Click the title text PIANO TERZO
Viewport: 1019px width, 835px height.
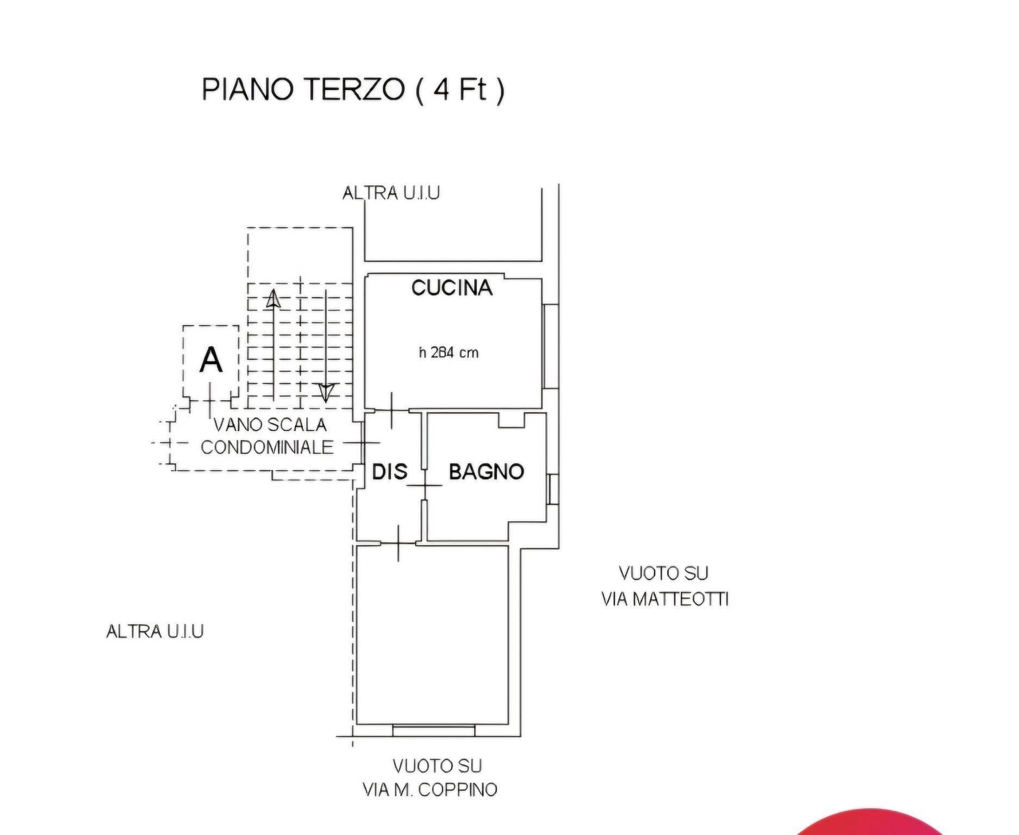pyautogui.click(x=303, y=89)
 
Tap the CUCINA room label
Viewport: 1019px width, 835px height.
pyautogui.click(x=451, y=288)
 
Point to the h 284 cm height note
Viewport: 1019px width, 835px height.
pyautogui.click(x=449, y=353)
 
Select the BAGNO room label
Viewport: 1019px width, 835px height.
pyautogui.click(x=486, y=471)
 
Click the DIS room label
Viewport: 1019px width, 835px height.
pyautogui.click(x=389, y=471)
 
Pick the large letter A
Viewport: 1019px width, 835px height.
pyautogui.click(x=211, y=360)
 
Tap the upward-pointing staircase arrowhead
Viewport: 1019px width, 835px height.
pyautogui.click(x=273, y=298)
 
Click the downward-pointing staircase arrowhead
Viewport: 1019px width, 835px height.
pyautogui.click(x=326, y=392)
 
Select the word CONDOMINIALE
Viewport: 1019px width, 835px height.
pyautogui.click(x=267, y=447)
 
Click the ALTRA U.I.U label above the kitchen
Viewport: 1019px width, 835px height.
pyautogui.click(x=391, y=193)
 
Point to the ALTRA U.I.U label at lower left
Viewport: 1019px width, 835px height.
pyautogui.click(x=155, y=631)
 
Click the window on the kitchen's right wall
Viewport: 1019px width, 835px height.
pyautogui.click(x=550, y=346)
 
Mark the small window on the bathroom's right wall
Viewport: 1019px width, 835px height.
pyautogui.click(x=552, y=489)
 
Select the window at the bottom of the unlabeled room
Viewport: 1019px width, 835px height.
pyautogui.click(x=433, y=730)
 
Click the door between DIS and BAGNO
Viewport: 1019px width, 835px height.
pyautogui.click(x=425, y=484)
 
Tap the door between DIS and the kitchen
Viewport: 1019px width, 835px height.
pyautogui.click(x=392, y=409)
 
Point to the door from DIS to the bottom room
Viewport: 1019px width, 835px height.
pyautogui.click(x=399, y=543)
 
